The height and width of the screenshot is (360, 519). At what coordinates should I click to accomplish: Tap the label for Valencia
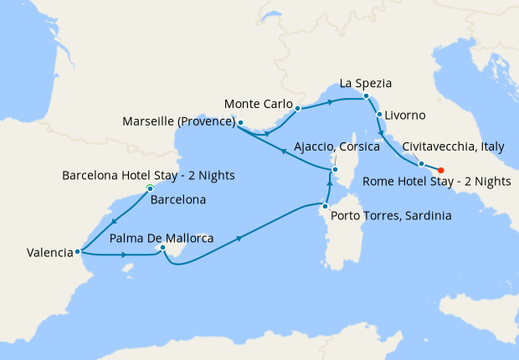coord(39,252)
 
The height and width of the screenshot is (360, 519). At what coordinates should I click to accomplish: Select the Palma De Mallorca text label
coord(162,239)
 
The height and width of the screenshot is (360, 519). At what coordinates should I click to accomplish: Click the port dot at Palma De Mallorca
coord(163,248)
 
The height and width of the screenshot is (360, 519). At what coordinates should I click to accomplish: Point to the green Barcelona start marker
coord(150,188)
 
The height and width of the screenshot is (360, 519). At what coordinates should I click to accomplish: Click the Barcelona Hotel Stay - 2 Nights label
coord(149,175)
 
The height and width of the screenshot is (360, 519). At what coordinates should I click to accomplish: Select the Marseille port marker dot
coord(240,123)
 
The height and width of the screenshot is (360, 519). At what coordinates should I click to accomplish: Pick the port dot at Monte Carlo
coord(297,109)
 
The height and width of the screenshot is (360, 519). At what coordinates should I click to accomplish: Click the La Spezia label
coord(366,84)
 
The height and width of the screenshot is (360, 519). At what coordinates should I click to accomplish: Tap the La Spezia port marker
coord(366,97)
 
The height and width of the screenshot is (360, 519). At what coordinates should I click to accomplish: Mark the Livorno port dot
coord(380,115)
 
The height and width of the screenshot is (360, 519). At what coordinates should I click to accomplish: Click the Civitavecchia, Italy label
coord(453,147)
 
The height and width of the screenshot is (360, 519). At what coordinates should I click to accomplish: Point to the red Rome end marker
coord(441,170)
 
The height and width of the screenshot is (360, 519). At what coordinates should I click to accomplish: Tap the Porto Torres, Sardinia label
coord(391,216)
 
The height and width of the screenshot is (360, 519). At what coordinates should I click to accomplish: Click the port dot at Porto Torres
coord(325,205)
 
